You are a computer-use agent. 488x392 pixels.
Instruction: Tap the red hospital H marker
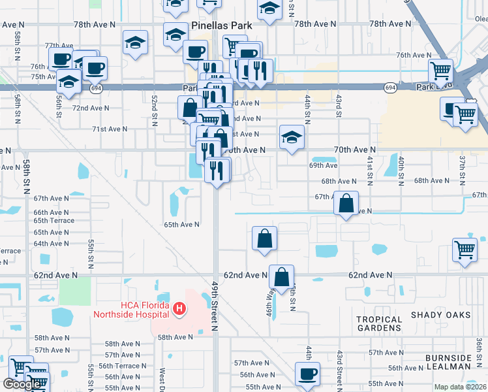179,308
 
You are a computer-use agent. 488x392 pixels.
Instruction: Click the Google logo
22,384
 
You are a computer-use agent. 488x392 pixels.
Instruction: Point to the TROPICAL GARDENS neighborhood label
379,324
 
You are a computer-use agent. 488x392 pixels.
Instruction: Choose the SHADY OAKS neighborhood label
440,315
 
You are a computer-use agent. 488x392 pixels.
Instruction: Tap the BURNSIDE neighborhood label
448,358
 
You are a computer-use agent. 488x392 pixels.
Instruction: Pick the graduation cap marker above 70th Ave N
292,137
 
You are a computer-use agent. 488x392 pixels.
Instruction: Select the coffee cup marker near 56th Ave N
307,374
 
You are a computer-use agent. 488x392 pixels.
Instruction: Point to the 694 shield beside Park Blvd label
390,87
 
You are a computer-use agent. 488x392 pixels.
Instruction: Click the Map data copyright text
461,387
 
